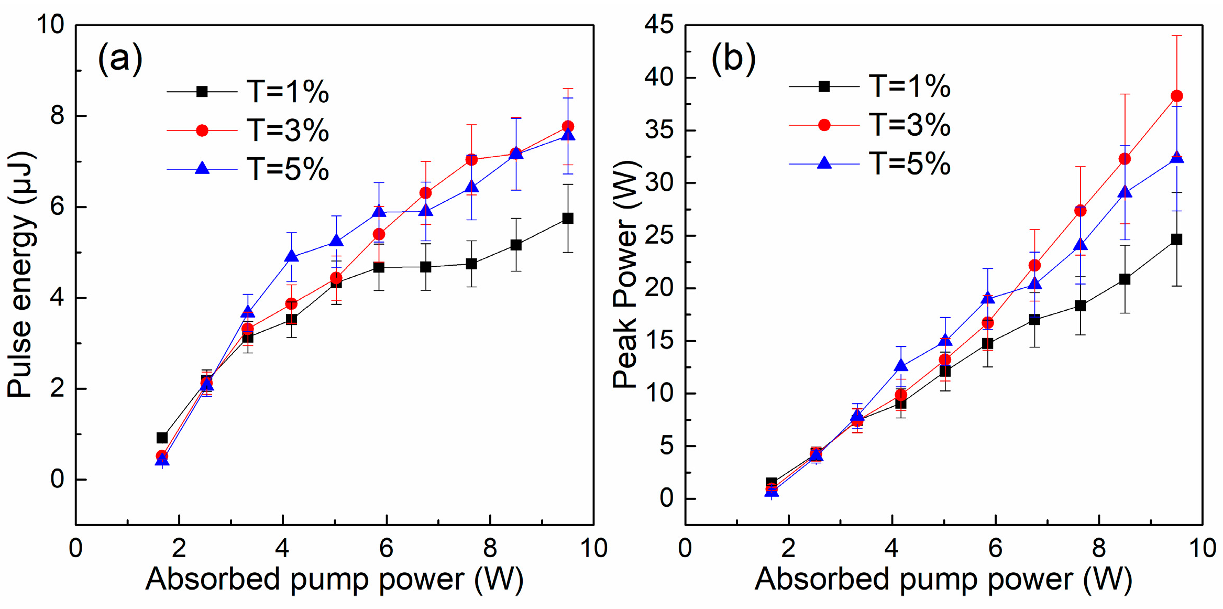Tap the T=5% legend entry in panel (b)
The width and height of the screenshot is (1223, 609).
(x=909, y=164)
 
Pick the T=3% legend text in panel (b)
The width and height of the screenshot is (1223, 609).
(x=910, y=125)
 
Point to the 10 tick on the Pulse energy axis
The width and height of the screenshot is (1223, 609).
(x=50, y=25)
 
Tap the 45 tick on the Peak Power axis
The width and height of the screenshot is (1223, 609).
(x=659, y=25)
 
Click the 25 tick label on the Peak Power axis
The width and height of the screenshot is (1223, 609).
(x=659, y=235)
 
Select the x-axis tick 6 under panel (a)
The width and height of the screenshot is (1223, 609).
(x=386, y=549)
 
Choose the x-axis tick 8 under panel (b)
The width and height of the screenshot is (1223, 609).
(x=1099, y=549)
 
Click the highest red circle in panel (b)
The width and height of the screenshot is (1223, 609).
(x=1176, y=96)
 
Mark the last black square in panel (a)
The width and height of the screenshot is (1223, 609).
(x=568, y=218)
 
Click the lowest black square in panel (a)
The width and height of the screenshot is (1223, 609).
(x=162, y=438)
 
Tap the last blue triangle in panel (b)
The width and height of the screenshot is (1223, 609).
(x=1176, y=158)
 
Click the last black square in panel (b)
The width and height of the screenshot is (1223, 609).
(x=1176, y=240)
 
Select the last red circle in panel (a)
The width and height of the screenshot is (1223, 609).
(x=568, y=126)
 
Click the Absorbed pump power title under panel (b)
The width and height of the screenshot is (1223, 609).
(x=943, y=580)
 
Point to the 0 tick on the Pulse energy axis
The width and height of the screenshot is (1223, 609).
(x=57, y=480)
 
